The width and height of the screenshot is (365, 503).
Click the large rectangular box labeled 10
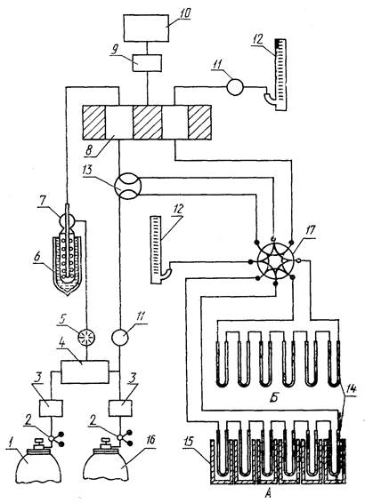point(147,28)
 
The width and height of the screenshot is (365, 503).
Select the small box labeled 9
point(147,63)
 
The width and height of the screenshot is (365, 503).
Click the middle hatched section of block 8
point(147,123)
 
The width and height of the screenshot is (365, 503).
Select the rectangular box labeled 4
point(85,371)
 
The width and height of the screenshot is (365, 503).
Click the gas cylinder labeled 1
point(38,466)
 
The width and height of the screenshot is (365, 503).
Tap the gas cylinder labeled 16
point(106,466)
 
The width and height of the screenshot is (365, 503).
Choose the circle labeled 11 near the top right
point(235,86)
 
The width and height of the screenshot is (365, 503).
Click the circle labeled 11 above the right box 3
point(119,337)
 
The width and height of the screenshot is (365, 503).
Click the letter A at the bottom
point(268,493)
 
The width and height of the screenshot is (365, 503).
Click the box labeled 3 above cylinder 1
point(51,408)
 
